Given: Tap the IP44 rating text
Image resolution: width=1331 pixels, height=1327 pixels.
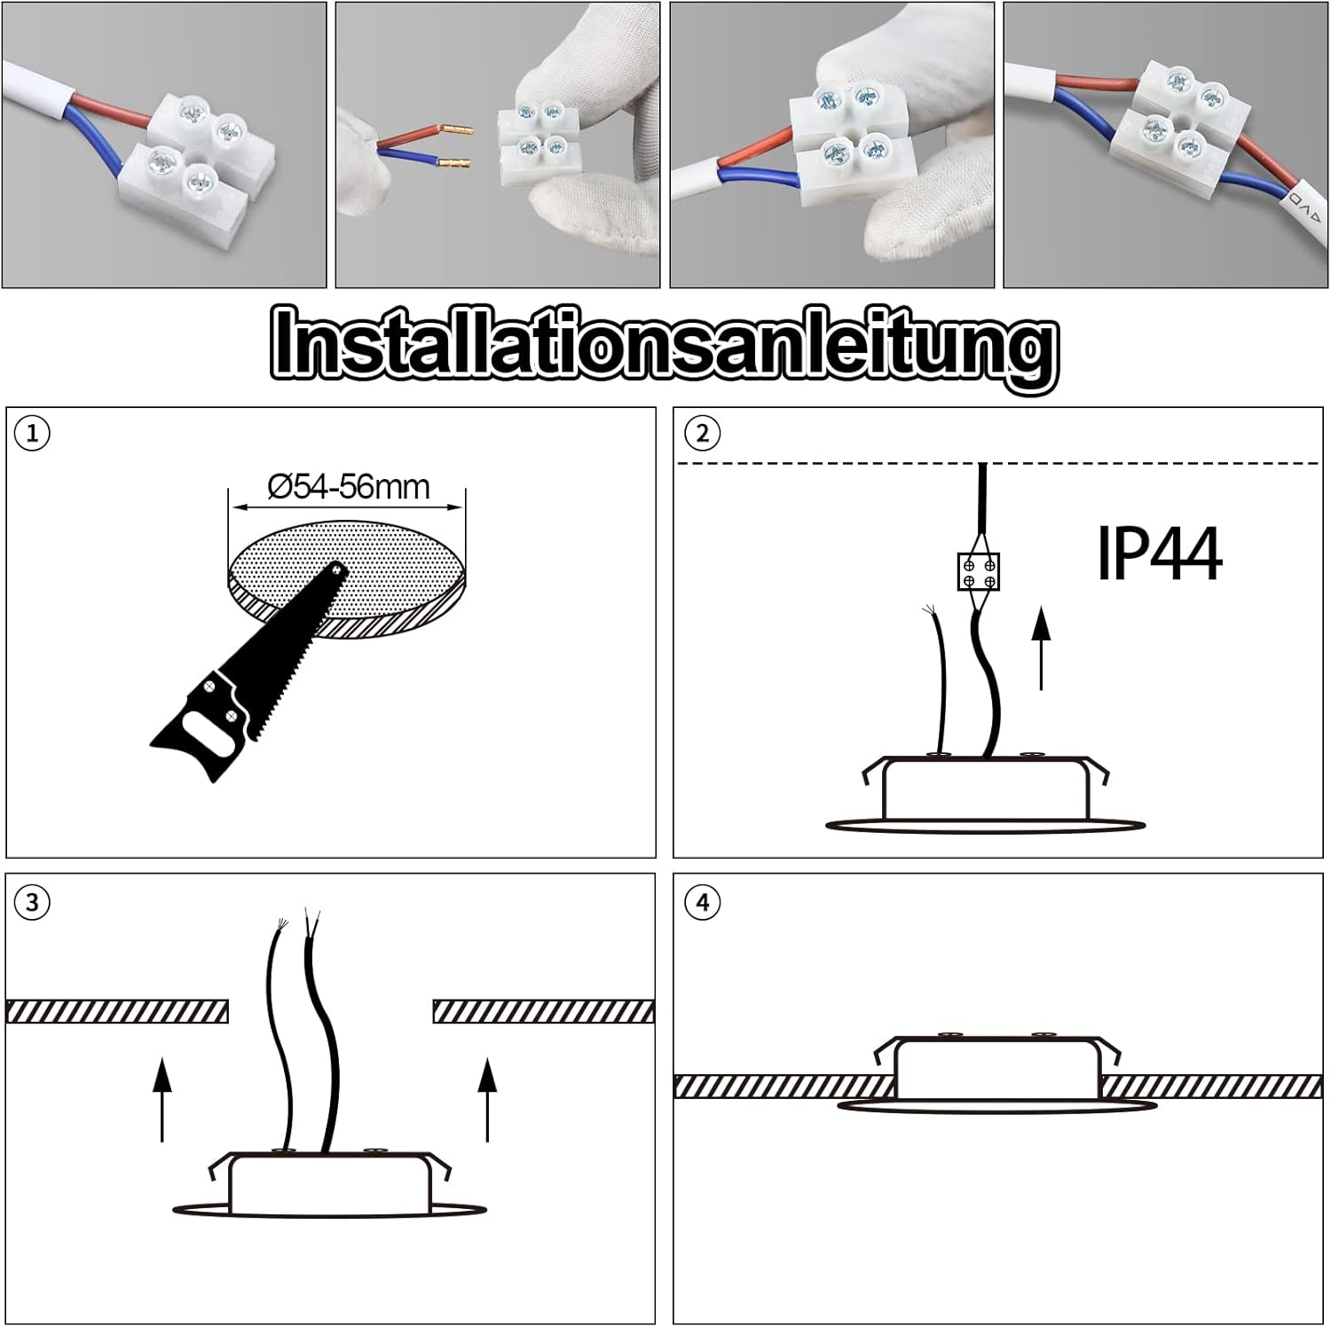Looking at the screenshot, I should [x=1159, y=554].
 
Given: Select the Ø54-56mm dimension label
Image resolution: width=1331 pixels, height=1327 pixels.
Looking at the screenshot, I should [x=349, y=487].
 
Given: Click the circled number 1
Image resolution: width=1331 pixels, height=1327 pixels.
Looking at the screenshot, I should [x=33, y=434].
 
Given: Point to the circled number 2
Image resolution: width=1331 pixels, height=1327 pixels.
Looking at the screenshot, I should [x=703, y=434].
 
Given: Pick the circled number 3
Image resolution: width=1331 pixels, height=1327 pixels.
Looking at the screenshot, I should [x=33, y=902].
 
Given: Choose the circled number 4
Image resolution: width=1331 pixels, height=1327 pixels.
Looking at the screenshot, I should [x=703, y=902].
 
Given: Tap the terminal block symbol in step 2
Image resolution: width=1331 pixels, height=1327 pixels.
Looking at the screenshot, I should [x=979, y=571].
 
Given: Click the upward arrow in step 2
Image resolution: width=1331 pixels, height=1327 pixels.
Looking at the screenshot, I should [x=1042, y=648].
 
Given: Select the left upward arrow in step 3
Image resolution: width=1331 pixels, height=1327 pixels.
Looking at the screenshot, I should [x=161, y=1100].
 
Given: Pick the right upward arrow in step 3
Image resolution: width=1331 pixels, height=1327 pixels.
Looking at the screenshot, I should [x=487, y=1100].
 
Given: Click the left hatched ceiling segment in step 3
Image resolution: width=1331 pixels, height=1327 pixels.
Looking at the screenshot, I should [x=117, y=1011].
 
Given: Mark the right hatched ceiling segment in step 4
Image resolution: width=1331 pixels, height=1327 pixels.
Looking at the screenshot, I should [x=1211, y=1087].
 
